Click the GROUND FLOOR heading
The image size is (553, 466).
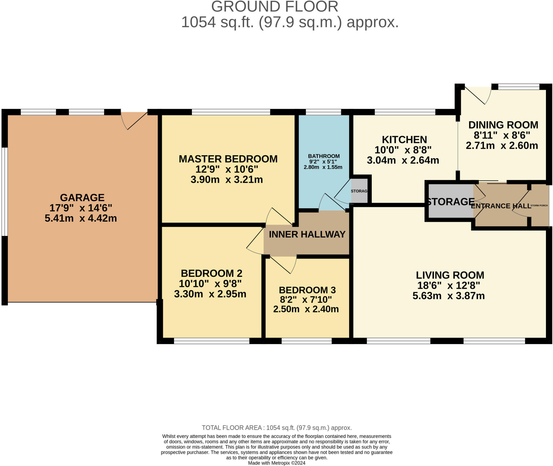pos(274,6)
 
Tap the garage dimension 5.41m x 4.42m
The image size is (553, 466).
pos(81,218)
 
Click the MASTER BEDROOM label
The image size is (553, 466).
pos(228,159)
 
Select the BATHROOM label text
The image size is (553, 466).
pos(324,156)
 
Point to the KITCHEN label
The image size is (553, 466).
pos(404,139)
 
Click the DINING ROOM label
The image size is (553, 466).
pos(503,125)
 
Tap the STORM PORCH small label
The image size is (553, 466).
pos(539,205)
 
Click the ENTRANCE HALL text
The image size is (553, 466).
pos(501,206)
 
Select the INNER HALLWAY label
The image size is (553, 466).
pos(307,234)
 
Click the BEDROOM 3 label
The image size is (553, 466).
pos(307,290)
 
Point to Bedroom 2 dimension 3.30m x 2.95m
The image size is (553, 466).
pos(210,294)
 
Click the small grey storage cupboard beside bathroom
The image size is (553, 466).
pos(359,191)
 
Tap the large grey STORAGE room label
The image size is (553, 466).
pos(450,202)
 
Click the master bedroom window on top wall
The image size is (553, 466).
pos(231,112)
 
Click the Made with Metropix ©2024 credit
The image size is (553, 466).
pos(276,463)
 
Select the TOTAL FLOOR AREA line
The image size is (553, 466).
pos(276,428)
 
